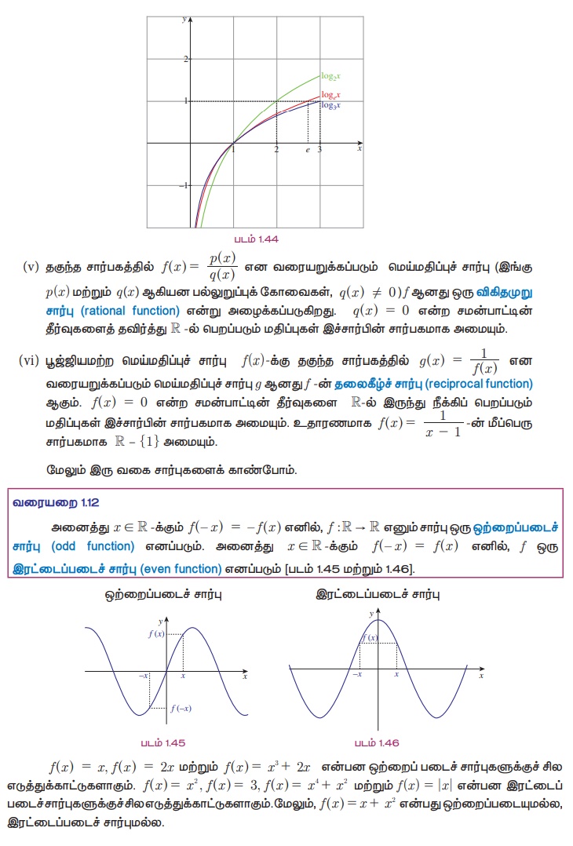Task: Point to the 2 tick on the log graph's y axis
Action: coord(185,59)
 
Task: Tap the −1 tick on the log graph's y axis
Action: coord(184,186)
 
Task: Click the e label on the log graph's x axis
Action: coord(308,148)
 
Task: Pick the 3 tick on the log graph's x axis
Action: coord(319,148)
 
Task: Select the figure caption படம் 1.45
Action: coord(163,742)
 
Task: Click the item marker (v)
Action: coord(31,266)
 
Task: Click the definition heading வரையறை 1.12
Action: coord(56,501)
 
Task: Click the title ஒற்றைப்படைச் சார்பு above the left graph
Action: coord(163,595)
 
